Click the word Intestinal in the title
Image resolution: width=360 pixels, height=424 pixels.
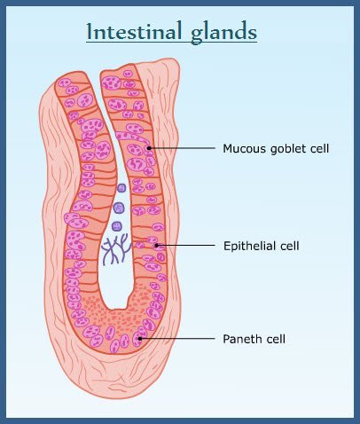134,31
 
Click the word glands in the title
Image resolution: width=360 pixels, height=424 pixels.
223,33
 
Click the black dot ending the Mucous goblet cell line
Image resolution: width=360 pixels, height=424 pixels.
149,148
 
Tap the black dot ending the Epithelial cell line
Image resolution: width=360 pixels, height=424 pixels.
157,245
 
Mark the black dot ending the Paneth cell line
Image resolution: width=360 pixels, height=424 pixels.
140,339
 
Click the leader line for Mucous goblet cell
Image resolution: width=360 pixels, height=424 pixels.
182,148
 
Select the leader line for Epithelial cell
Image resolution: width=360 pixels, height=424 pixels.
186,245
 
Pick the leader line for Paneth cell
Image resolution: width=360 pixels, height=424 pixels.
177,339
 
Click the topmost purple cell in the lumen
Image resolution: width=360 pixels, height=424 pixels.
121,188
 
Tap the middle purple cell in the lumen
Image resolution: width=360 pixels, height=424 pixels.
119,208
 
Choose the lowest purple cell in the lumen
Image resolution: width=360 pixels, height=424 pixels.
117,226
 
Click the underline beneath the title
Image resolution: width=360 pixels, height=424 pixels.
171,43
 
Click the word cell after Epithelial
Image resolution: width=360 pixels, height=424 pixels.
290,246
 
